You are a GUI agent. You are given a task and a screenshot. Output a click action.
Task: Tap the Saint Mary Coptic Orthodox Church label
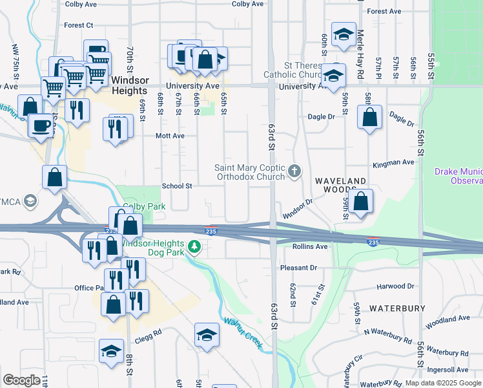249,172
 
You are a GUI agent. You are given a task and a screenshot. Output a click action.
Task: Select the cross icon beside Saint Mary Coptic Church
294,171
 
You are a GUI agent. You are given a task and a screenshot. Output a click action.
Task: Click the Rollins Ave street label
310,246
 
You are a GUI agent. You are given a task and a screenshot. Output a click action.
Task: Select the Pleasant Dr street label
298,268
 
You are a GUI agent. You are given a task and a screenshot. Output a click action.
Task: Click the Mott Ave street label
170,136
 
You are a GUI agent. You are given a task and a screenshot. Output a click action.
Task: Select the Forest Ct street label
79,25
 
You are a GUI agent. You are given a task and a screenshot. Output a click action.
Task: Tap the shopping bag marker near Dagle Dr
369,118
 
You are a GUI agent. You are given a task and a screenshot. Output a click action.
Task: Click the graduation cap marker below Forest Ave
343,34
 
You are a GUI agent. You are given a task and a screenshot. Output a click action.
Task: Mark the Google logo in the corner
21,380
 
